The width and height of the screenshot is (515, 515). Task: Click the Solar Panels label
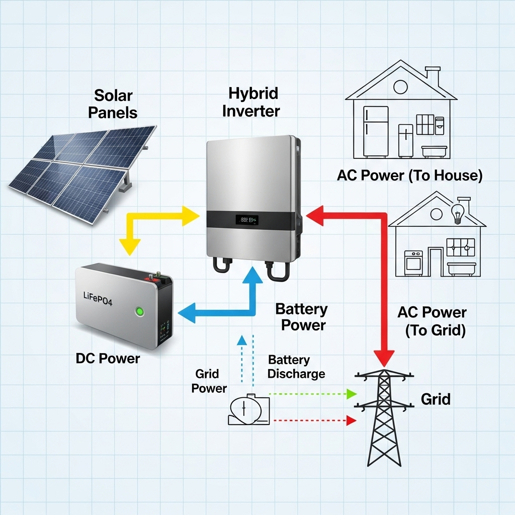pos(113,104)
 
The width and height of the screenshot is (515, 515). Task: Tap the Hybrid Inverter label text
pos(250,102)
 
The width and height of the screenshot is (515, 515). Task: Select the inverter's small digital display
pos(247,220)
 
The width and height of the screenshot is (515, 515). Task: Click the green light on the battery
pos(141,311)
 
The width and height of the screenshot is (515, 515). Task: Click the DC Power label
pos(108,358)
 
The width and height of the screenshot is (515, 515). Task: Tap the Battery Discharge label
pos(296,367)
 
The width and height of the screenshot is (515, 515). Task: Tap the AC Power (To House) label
pos(410,176)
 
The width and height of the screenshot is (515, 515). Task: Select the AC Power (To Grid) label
pos(432,321)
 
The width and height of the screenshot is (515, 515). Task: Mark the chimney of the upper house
pos(433,74)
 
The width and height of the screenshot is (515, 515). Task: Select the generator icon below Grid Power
pos(249,410)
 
